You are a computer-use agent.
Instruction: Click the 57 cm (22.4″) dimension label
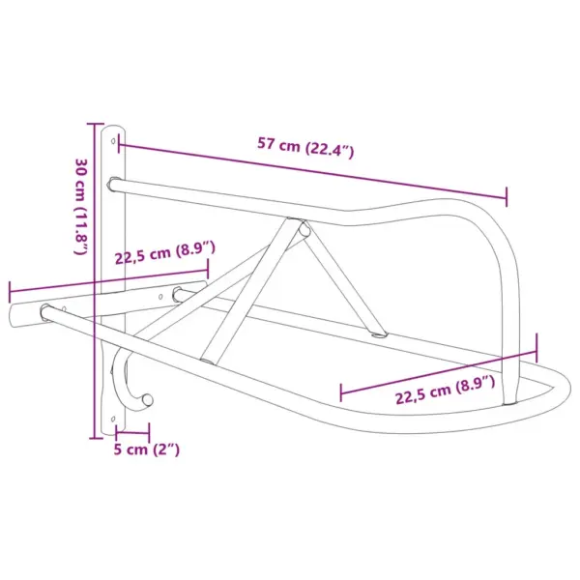(x=305, y=147)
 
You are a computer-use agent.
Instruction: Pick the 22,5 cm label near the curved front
(x=445, y=382)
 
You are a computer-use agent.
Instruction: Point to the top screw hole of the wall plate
(x=115, y=140)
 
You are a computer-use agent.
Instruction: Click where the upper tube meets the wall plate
(x=115, y=182)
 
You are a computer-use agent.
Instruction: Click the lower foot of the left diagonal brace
(x=207, y=356)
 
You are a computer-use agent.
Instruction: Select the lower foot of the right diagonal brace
(x=380, y=334)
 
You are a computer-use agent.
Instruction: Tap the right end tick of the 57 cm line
(x=507, y=196)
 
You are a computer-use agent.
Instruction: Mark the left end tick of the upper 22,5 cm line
(x=10, y=291)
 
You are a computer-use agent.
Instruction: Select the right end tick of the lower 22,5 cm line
(x=537, y=346)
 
